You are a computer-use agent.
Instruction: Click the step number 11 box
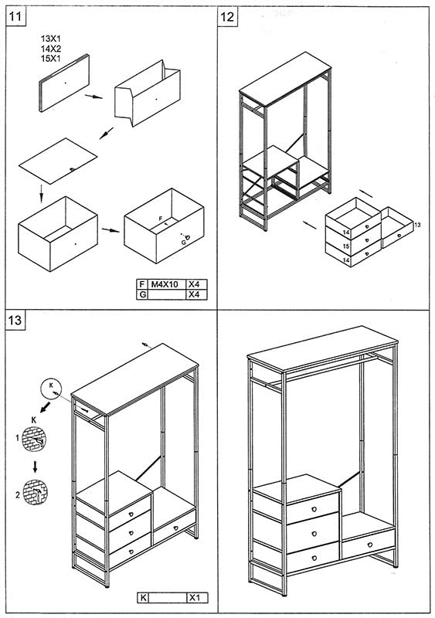[x=15, y=17]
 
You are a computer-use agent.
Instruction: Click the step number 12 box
[x=228, y=17]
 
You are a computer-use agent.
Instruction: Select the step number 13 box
[x=15, y=320]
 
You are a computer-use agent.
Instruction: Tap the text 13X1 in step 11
[x=51, y=39]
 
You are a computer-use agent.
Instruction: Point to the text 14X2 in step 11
[x=51, y=49]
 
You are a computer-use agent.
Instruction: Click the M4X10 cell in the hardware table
[x=165, y=284]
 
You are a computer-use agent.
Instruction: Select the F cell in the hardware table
[x=141, y=284]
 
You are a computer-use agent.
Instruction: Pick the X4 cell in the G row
[x=196, y=294]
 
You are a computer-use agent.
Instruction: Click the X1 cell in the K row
[x=196, y=598]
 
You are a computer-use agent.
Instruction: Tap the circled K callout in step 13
[x=51, y=389]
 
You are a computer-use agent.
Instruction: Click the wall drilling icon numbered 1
[x=34, y=439]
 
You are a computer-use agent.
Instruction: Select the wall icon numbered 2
[x=35, y=492]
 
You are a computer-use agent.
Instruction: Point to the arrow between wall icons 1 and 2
[x=35, y=467]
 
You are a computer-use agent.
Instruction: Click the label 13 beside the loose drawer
[x=418, y=225]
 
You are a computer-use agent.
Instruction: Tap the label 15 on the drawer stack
[x=346, y=246]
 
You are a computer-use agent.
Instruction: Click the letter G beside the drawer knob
[x=183, y=243]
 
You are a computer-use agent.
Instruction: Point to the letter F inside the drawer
[x=161, y=218]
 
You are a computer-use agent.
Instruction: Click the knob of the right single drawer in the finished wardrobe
[x=370, y=545]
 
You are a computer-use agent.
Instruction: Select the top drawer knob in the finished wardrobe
[x=314, y=509]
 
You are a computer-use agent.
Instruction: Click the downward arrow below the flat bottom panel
[x=42, y=193]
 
